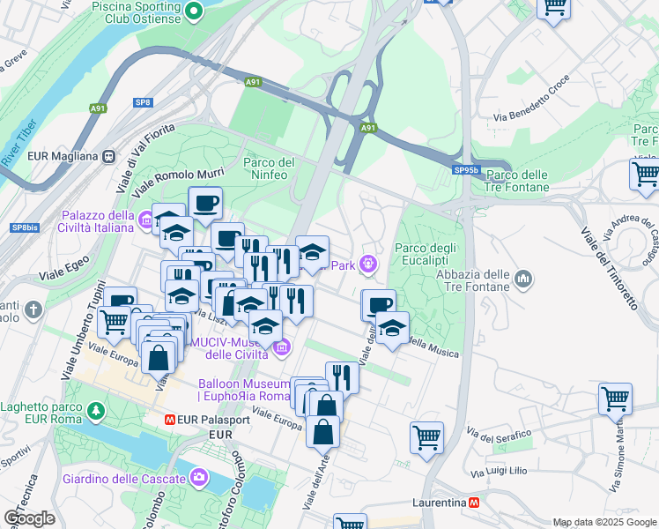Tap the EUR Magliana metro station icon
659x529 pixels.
pyautogui.click(x=108, y=156)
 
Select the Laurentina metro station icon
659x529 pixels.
pyautogui.click(x=474, y=503)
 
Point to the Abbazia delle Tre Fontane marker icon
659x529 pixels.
pyautogui.click(x=524, y=279)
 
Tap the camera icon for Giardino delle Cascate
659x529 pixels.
pyautogui.click(x=199, y=478)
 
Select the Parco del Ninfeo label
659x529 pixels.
pyautogui.click(x=269, y=168)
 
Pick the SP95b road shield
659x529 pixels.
pyautogui.click(x=467, y=170)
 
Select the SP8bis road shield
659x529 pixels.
pyautogui.click(x=24, y=227)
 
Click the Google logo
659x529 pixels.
pyautogui.click(x=30, y=518)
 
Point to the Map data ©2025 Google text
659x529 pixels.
pyautogui.click(x=603, y=522)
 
